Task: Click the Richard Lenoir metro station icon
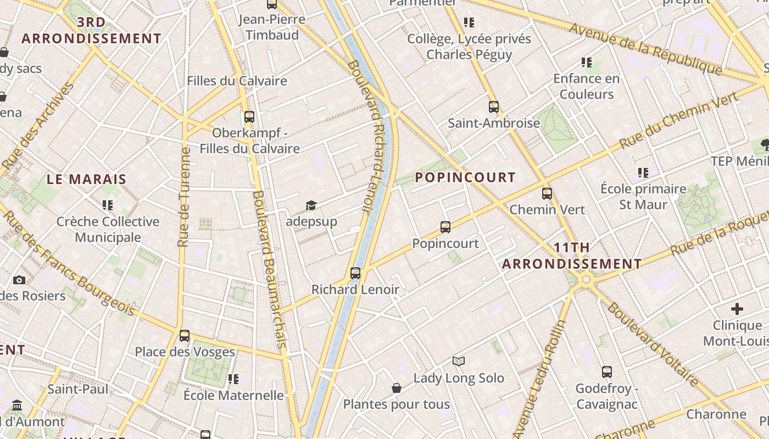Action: point(355,273)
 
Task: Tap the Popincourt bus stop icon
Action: point(445,227)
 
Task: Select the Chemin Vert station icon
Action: point(547,193)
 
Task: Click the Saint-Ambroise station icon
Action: point(494,106)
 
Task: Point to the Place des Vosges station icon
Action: point(185,335)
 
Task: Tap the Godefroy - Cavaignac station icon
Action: point(606,372)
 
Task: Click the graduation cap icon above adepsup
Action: point(311,205)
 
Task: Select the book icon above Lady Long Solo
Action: point(459,361)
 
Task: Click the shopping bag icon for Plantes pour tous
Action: point(397,388)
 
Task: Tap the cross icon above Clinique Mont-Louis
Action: point(737,309)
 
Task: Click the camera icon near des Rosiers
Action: point(19,280)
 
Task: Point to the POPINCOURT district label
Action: point(465,177)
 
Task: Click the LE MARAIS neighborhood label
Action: point(86,179)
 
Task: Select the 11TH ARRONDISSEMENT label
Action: point(572,256)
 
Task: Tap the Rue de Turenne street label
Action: point(184,196)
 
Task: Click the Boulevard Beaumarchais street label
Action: point(269,269)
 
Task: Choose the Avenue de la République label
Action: point(645,48)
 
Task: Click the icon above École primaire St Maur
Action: point(643,173)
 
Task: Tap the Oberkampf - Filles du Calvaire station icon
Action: point(249,116)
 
